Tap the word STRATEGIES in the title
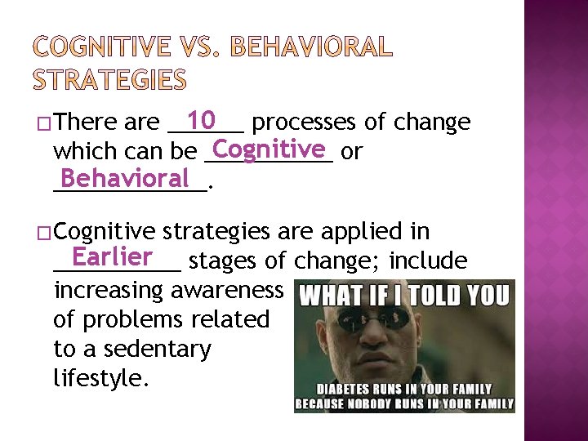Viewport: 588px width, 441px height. coord(109,80)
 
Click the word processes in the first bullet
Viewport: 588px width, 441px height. coord(303,122)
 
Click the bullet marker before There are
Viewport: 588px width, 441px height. coord(44,123)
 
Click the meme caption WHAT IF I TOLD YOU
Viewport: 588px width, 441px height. coord(405,295)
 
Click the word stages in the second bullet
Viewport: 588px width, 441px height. coord(225,261)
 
